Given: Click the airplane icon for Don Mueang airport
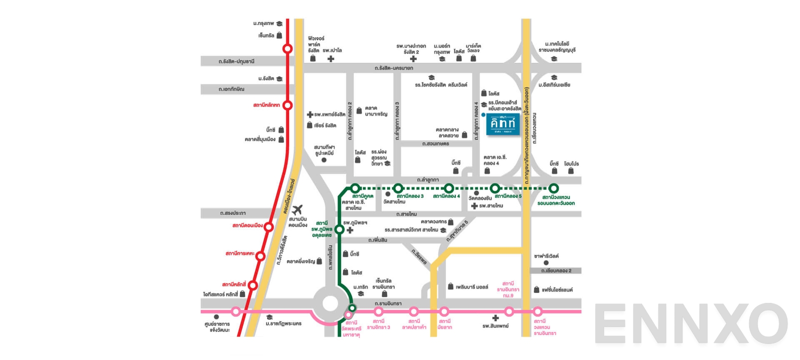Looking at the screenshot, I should click(297, 209).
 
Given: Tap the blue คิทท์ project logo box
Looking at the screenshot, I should click(502, 123).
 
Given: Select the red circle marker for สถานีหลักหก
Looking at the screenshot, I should click(287, 105).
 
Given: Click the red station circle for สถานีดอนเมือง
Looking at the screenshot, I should click(268, 227).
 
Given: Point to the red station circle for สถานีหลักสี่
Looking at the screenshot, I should click(253, 285).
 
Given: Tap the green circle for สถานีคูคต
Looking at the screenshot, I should click(355, 188).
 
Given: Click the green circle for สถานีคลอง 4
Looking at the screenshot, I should click(448, 188).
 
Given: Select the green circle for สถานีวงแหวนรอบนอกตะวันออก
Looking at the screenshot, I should click(553, 188).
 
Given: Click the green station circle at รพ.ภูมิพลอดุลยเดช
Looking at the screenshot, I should click(339, 229).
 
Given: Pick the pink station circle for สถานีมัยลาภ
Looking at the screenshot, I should click(444, 311).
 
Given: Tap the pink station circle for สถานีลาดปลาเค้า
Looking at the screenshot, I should click(413, 311).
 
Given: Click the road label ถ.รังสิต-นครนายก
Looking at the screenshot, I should click(393, 68).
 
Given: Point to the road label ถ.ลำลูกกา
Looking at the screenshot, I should click(428, 179).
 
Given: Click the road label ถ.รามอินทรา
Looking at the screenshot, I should click(388, 303).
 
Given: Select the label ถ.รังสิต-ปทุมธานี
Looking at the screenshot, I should click(236, 61).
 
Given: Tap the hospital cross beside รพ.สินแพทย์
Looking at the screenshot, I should click(495, 318).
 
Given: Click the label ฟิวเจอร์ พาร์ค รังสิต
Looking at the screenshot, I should click(315, 44).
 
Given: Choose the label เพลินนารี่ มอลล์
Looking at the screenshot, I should click(471, 287).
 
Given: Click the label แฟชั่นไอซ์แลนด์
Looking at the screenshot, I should click(557, 289).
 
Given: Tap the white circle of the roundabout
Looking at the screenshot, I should click(330, 303).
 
